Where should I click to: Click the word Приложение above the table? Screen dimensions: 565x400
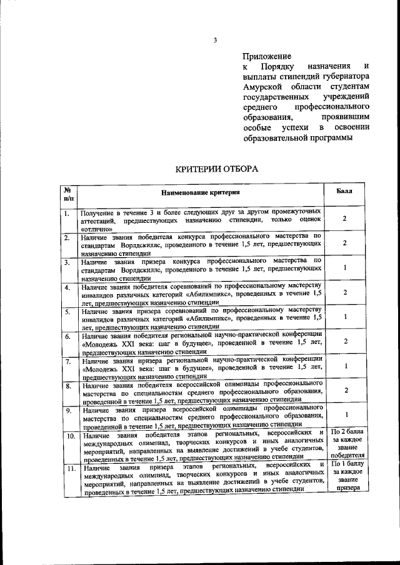tap(263, 56)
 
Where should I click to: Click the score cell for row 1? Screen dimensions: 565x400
tap(345, 219)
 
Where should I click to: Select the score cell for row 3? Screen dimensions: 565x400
tap(345, 267)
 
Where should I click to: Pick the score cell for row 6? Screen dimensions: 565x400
tap(345, 341)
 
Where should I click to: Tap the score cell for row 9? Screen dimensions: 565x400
tap(345, 415)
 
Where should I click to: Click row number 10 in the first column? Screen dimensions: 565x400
tap(70, 435)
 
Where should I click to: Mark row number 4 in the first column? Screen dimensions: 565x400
tap(67, 288)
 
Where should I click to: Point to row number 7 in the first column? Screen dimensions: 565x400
tap(67, 361)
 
